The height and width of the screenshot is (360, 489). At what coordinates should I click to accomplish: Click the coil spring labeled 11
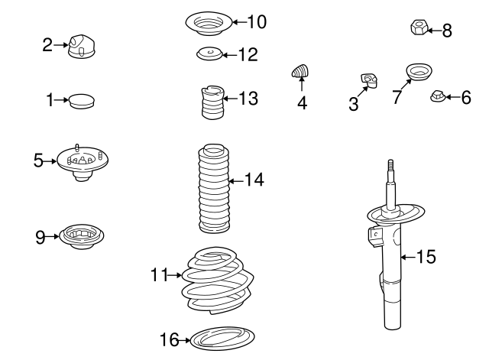(218, 281)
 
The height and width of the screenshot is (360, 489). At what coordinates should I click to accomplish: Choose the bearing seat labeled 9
(82, 236)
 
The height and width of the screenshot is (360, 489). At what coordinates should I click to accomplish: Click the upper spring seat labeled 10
(208, 23)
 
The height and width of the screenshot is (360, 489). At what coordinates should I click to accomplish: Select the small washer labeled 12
(207, 54)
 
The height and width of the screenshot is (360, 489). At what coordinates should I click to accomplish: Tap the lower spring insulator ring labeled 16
(221, 337)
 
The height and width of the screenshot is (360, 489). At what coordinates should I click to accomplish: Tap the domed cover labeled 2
(79, 46)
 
